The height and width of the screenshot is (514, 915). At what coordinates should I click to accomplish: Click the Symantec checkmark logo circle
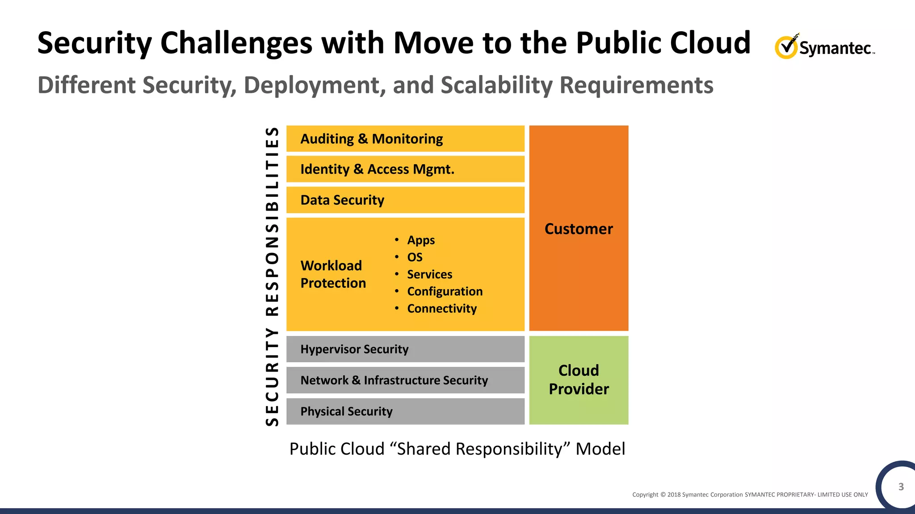(786, 47)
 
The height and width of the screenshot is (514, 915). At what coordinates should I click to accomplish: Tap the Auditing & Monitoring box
(405, 139)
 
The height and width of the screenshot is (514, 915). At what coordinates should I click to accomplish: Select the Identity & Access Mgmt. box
(405, 169)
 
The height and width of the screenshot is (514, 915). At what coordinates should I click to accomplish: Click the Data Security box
(405, 200)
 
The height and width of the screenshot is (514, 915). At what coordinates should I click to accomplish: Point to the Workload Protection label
(333, 274)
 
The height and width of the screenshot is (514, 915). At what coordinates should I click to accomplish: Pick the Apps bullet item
(420, 240)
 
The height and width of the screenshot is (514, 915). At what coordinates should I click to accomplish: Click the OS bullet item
(415, 257)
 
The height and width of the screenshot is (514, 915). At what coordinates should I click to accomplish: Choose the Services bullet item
(429, 274)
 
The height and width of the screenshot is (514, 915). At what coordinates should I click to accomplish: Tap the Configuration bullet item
(445, 291)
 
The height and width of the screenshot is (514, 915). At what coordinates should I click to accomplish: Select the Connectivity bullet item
(441, 308)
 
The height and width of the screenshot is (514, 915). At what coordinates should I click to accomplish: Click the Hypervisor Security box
(405, 349)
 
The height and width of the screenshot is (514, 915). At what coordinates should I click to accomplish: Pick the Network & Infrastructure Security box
(405, 380)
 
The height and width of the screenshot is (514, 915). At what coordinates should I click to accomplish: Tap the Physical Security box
(405, 411)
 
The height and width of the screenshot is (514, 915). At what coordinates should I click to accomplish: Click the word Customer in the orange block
(579, 229)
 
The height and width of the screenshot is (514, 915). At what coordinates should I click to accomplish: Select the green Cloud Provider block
(579, 380)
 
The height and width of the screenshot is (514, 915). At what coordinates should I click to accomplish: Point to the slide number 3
(901, 487)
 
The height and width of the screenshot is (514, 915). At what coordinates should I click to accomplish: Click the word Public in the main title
(619, 43)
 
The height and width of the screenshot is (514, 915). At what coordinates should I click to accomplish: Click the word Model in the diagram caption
(600, 449)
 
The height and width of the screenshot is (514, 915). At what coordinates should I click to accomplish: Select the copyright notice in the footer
(750, 494)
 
